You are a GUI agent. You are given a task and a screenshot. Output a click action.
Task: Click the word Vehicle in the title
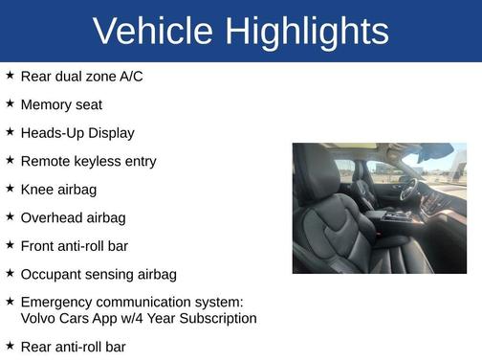pyautogui.click(x=154, y=32)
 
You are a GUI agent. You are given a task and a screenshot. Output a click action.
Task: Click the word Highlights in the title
pyautogui.click(x=307, y=32)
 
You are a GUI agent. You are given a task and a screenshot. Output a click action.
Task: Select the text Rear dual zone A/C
pyautogui.click(x=81, y=76)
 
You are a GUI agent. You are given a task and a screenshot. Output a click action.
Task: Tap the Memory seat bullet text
pyautogui.click(x=61, y=104)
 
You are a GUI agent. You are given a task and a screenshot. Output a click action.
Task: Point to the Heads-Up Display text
pyautogui.click(x=77, y=133)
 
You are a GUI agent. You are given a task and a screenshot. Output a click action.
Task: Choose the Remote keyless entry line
pyautogui.click(x=88, y=161)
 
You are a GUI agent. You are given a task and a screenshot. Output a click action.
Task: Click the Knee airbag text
pyautogui.click(x=58, y=190)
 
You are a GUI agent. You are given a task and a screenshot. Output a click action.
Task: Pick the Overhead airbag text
pyautogui.click(x=73, y=218)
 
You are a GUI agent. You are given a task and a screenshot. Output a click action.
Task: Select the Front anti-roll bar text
pyautogui.click(x=74, y=246)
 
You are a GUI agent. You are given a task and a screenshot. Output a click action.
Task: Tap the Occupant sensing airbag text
pyautogui.click(x=99, y=275)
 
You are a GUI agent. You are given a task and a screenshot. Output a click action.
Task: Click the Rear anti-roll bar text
pyautogui.click(x=73, y=346)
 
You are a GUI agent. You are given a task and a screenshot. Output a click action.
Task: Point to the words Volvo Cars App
pyautogui.click(x=67, y=318)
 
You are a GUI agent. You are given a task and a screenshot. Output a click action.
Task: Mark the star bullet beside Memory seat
pyautogui.click(x=10, y=103)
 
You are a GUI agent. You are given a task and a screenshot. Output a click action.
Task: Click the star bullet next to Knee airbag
pyautogui.click(x=10, y=189)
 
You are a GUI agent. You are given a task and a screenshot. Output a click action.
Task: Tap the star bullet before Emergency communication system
pyautogui.click(x=10, y=301)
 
